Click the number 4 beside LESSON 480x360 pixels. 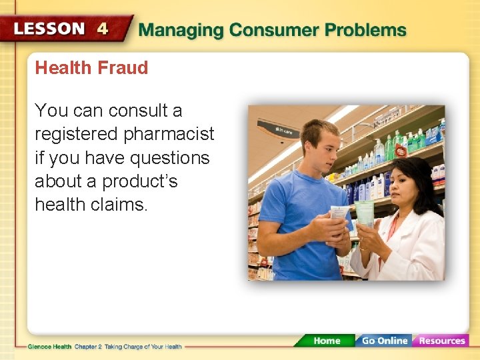pyautogui.click(x=103, y=29)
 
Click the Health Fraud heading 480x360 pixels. pyautogui.click(x=91, y=67)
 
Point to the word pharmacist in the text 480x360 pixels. pyautogui.click(x=169, y=134)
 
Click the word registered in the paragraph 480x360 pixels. pyautogui.click(x=77, y=134)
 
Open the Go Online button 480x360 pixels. pyautogui.click(x=383, y=341)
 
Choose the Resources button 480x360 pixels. pyautogui.click(x=441, y=341)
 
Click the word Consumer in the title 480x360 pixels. pyautogui.click(x=273, y=30)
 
